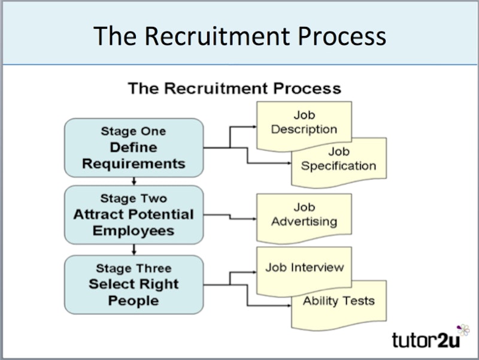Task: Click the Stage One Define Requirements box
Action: tap(134, 147)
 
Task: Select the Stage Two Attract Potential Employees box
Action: tap(134, 214)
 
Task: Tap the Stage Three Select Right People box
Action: tap(134, 285)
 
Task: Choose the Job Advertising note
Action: tap(304, 214)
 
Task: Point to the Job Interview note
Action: tap(304, 267)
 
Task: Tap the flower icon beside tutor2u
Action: tap(463, 330)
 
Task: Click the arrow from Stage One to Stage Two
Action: tap(134, 181)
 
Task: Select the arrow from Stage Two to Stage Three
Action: tap(134, 250)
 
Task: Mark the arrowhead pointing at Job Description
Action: tap(253, 127)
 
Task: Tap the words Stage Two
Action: tap(134, 198)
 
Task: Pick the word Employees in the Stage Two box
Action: tap(134, 231)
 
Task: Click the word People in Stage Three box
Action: tap(134, 300)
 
